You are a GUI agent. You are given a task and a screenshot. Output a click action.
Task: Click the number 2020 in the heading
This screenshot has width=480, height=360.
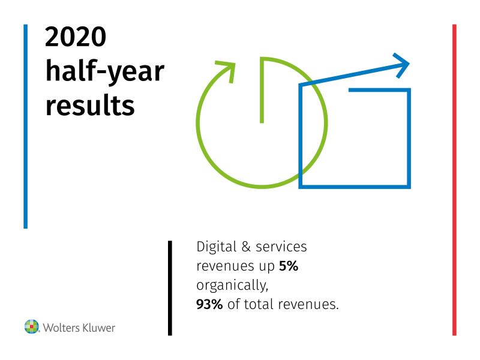coord(76,37)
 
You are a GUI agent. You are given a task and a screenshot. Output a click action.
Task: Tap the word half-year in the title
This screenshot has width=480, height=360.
coord(105,71)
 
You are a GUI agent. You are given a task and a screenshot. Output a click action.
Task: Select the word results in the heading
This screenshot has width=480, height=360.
coord(90,105)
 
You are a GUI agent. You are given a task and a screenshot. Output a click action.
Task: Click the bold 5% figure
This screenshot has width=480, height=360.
coord(289,266)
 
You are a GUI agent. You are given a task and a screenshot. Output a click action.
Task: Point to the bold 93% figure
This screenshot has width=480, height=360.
coord(209,304)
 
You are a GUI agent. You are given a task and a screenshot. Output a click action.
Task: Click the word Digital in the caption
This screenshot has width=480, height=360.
coord(217,247)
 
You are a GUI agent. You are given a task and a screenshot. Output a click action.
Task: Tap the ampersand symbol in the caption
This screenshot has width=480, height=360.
coord(246,247)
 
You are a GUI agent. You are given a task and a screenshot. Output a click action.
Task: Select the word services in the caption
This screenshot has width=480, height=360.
coord(281,247)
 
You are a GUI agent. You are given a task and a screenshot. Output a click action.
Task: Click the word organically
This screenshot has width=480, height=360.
coord(232,286)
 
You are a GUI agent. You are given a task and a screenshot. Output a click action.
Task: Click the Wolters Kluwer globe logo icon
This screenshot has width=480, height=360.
coord(32,326)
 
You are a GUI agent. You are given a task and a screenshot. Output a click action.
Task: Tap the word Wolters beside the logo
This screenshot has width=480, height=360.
coord(62,328)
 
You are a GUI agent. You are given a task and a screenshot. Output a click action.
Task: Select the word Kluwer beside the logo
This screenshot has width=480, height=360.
coord(99,328)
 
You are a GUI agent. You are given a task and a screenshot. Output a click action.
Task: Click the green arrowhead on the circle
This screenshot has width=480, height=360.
coord(227,70)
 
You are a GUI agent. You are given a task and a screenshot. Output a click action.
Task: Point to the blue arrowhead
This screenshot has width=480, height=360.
coord(401,65)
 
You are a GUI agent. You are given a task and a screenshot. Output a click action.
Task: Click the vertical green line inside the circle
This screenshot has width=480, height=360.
coord(262,91)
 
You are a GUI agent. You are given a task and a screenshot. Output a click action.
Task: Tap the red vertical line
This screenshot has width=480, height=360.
coord(454,180)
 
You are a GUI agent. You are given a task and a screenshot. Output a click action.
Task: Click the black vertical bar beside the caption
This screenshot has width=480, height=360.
coord(170,288)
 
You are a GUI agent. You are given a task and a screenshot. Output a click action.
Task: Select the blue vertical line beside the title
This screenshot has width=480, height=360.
coord(26,127)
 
